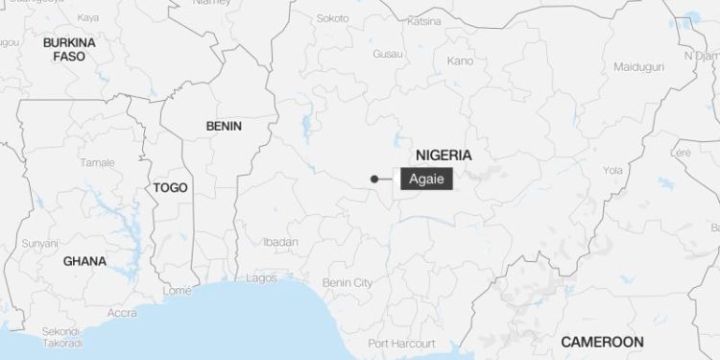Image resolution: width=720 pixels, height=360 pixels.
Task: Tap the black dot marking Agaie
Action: (x=373, y=179)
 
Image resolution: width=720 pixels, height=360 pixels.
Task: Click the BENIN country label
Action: (x=224, y=126)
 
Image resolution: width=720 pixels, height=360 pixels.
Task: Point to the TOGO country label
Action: (x=170, y=188)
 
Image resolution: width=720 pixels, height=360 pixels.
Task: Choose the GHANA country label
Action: (x=84, y=261)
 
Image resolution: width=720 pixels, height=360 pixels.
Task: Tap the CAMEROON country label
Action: (x=602, y=342)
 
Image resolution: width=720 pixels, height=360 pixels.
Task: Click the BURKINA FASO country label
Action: (x=69, y=50)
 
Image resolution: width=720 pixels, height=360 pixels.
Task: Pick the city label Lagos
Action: (x=261, y=277)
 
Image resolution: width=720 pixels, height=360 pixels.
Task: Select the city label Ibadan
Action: (x=280, y=243)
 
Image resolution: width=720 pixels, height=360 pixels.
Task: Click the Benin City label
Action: (x=347, y=283)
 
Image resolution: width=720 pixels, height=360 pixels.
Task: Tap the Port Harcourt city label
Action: (x=403, y=343)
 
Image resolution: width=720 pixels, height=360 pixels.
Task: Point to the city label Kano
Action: (x=460, y=61)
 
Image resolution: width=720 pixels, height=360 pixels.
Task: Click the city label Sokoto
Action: (x=333, y=18)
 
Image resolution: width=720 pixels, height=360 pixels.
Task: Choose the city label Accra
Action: (x=122, y=313)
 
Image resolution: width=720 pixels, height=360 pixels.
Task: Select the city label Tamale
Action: (x=97, y=162)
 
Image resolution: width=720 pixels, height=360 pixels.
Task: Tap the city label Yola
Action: (x=612, y=170)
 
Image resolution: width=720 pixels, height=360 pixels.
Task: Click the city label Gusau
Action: (x=388, y=54)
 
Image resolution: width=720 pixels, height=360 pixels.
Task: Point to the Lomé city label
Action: (x=178, y=290)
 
